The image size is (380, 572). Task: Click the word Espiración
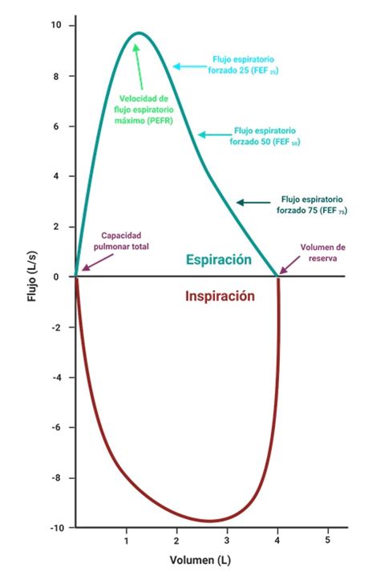[x=219, y=260]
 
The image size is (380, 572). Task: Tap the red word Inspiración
[x=220, y=296]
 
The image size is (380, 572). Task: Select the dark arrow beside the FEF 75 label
[x=253, y=203]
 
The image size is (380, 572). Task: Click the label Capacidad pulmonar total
[x=125, y=241]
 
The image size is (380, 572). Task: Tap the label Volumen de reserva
[x=322, y=252]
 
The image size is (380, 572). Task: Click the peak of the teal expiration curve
[x=139, y=33]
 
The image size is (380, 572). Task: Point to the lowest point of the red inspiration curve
[x=209, y=521]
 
